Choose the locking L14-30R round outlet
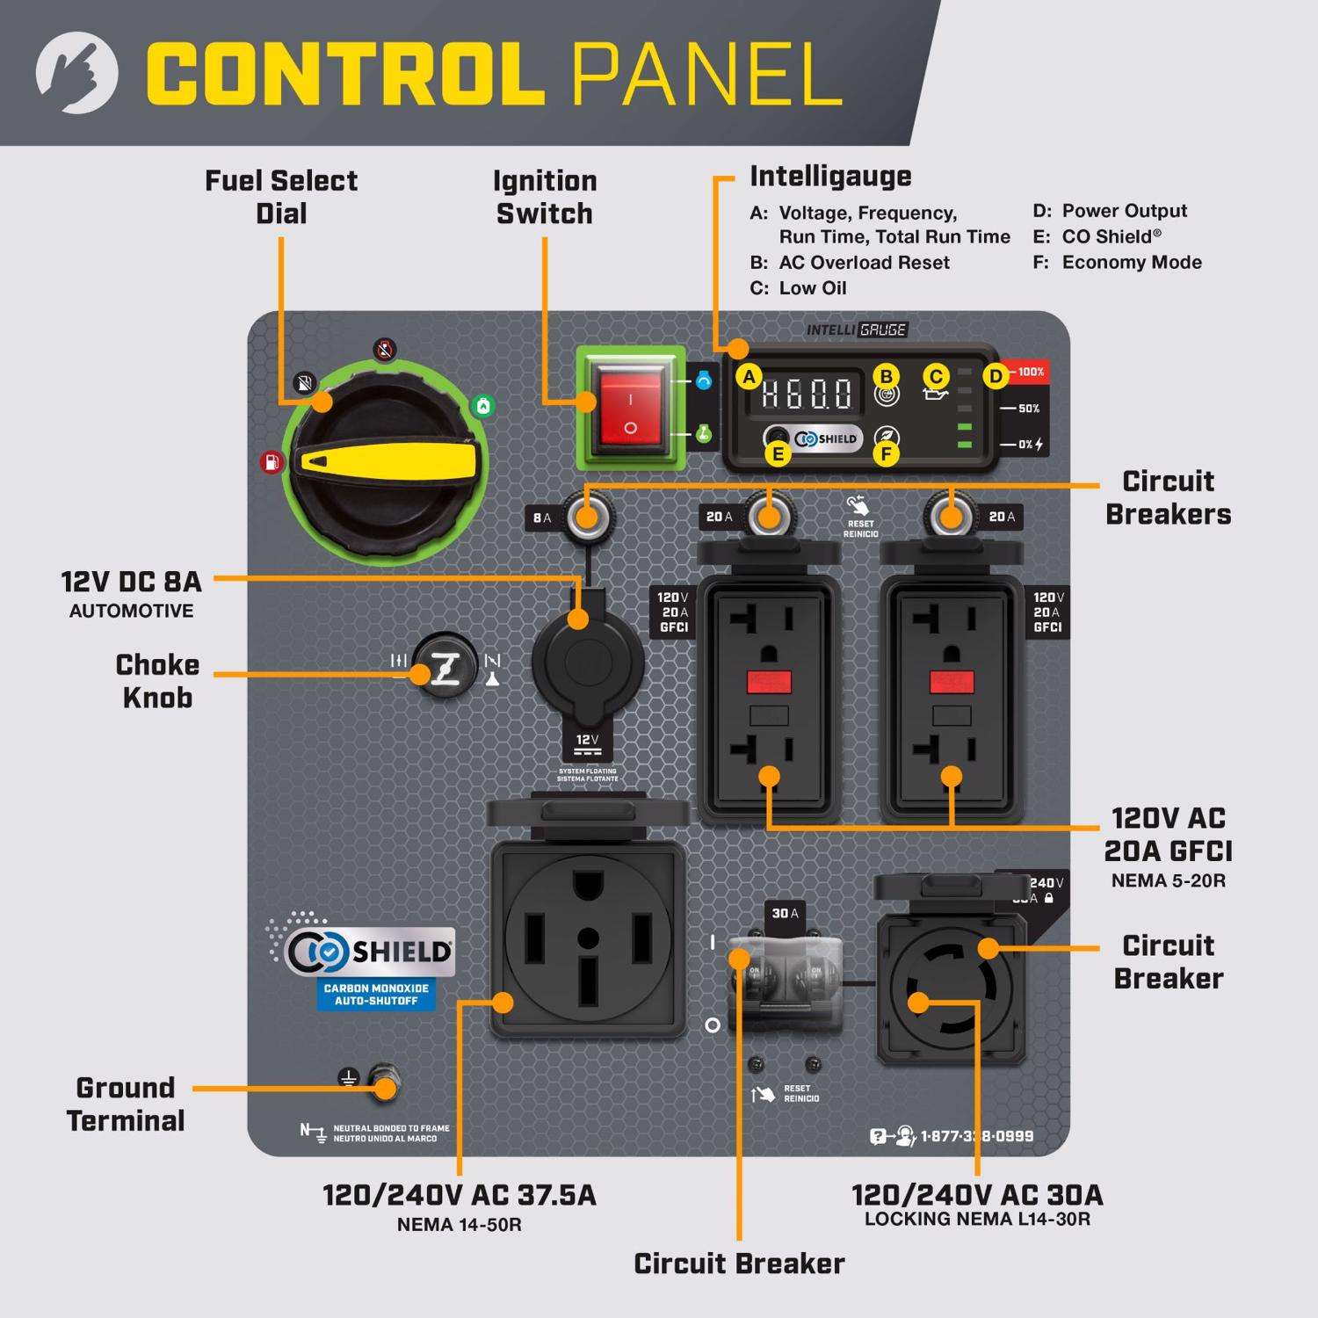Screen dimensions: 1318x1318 952,987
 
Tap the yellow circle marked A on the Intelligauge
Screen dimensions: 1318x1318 749,378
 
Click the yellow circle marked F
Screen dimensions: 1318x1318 887,453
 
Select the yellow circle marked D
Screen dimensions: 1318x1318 995,377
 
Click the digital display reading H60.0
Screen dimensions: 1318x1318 806,394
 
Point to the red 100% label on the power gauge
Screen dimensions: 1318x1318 1029,373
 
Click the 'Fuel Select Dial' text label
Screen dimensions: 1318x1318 281,197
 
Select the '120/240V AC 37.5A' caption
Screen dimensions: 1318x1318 459,1195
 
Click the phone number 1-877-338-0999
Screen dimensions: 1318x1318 976,1136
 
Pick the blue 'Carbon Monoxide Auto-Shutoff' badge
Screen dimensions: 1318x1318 376,995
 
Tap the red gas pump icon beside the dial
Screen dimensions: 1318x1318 272,462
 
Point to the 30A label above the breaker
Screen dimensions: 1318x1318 785,914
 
